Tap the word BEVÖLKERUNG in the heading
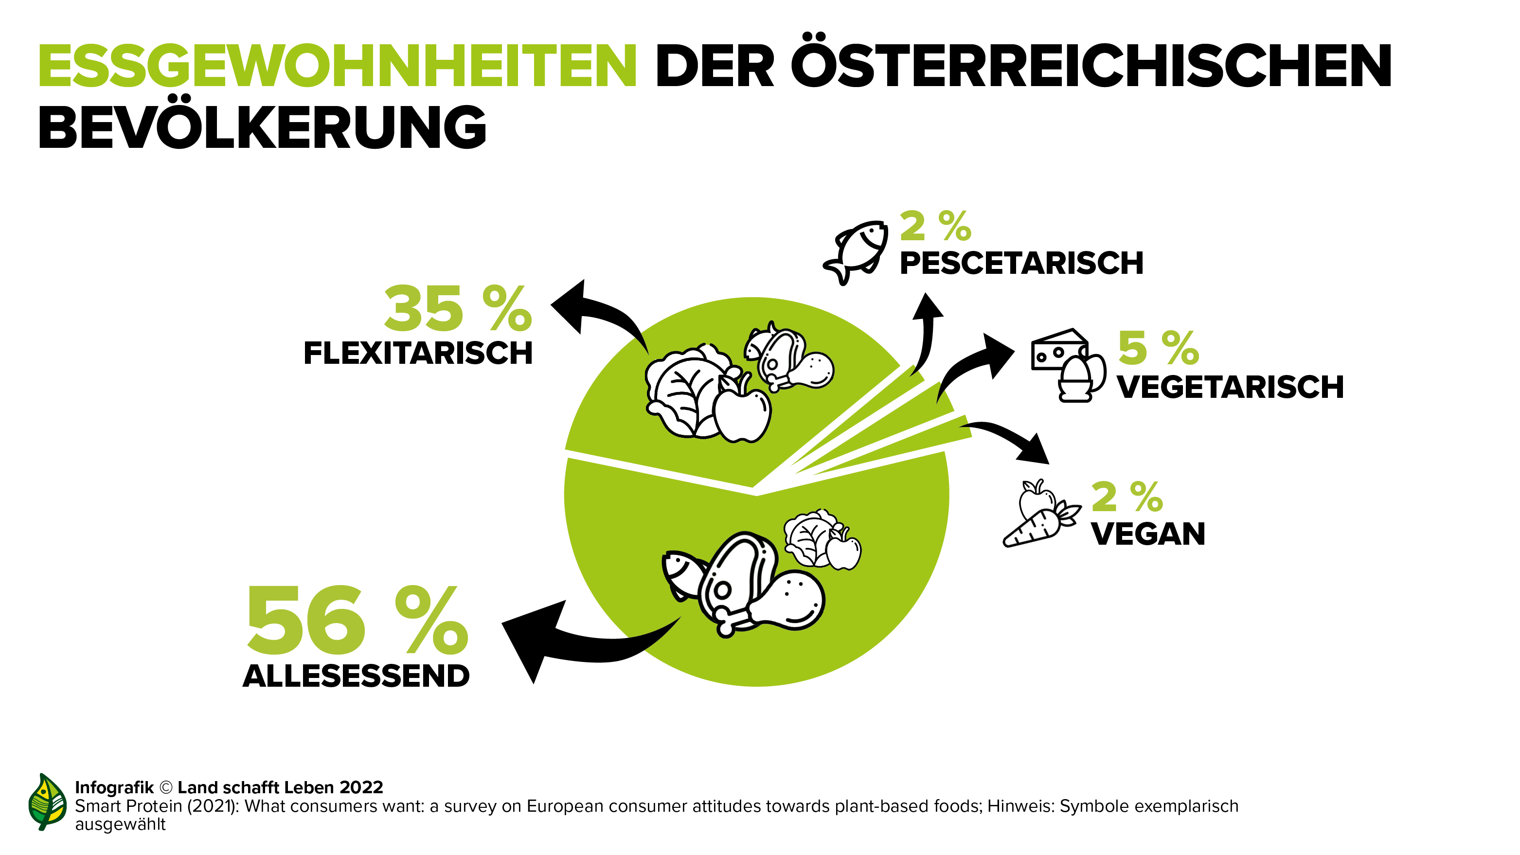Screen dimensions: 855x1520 [x=263, y=127]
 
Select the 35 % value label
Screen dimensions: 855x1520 [x=458, y=309]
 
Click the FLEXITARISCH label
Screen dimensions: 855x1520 [x=418, y=354]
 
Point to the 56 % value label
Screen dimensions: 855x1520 [x=358, y=620]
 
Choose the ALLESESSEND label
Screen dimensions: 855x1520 [x=357, y=676]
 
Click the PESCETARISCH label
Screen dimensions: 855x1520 [x=1021, y=263]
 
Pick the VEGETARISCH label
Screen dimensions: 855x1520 [x=1230, y=388]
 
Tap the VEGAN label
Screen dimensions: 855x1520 [x=1148, y=534]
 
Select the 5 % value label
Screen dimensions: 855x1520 [x=1158, y=348]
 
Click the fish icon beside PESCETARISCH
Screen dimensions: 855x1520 [x=856, y=252]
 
